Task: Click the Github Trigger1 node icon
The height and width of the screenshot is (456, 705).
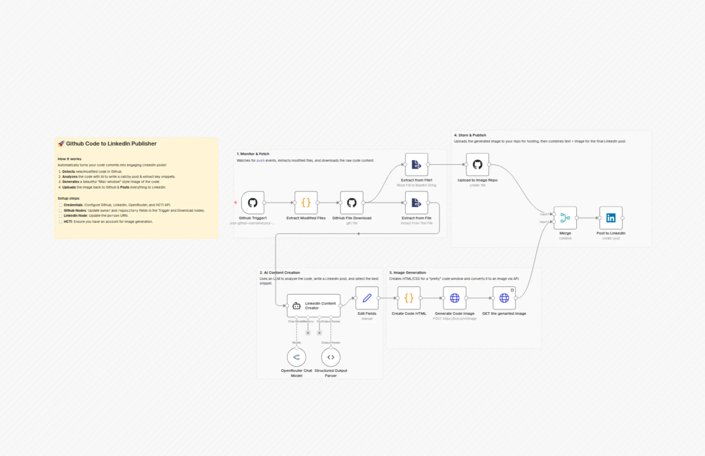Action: tap(253, 203)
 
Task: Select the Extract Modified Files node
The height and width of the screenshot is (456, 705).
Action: tap(306, 203)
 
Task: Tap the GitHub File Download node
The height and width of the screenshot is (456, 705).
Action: tap(351, 203)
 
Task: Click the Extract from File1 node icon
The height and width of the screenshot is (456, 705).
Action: tap(416, 165)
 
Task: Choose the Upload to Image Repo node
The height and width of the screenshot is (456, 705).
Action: tap(477, 165)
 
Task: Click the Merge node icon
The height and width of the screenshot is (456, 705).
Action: tap(565, 218)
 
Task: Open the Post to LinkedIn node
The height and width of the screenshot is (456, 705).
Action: tap(611, 218)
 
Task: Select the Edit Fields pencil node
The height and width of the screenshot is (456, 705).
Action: tap(367, 298)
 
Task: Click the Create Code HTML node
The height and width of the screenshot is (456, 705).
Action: tap(409, 298)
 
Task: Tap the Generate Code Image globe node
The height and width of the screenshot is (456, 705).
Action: tap(454, 298)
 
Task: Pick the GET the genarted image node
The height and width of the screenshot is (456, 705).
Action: tap(504, 298)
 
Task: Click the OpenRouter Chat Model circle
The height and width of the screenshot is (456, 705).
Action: tap(296, 357)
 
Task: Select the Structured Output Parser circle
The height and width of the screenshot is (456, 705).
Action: tap(331, 357)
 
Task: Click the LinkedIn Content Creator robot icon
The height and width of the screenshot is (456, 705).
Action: tap(296, 306)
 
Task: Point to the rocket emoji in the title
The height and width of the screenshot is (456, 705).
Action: tap(61, 143)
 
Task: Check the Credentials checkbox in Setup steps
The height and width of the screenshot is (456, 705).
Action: tap(61, 205)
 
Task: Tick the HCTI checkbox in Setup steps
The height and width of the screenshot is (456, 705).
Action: tap(61, 222)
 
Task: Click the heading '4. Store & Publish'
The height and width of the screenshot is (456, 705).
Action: tap(470, 135)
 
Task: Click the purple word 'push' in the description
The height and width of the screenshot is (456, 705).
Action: tap(260, 160)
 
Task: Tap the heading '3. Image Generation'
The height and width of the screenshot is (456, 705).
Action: tap(408, 272)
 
